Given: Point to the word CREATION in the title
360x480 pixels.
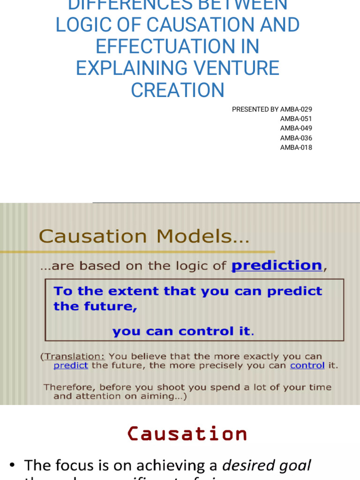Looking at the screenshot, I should click(x=177, y=90).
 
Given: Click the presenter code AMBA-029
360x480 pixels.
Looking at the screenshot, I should click(x=296, y=109).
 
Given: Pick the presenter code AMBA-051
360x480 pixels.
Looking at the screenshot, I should click(x=296, y=119).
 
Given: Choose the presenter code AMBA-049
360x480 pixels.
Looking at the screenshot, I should click(x=296, y=128).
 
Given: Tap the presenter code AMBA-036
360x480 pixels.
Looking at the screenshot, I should click(x=296, y=138).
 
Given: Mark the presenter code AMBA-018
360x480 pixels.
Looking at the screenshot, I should click(x=296, y=147).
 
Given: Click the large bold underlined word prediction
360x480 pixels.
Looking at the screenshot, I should click(x=277, y=265).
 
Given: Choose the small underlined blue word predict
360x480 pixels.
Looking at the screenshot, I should click(x=71, y=366).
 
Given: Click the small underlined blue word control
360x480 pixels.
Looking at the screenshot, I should click(x=307, y=366).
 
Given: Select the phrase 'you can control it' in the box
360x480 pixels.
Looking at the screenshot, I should click(x=182, y=332).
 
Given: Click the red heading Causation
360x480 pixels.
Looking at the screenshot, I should click(x=187, y=434).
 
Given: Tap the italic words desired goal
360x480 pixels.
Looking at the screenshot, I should click(x=266, y=465).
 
